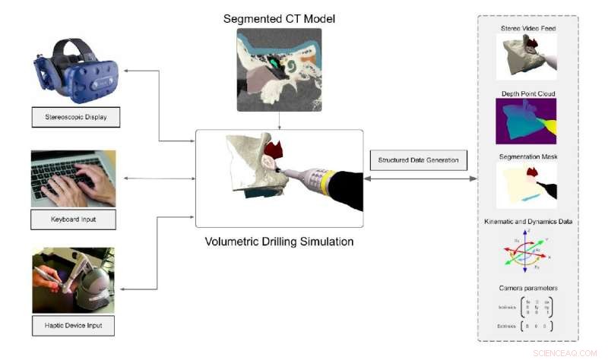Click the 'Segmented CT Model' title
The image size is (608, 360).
pyautogui.click(x=280, y=18)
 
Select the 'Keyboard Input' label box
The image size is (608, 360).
pyautogui.click(x=73, y=220)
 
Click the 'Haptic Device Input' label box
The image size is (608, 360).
pyautogui.click(x=74, y=325)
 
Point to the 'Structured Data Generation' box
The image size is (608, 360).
pyautogui.click(x=418, y=160)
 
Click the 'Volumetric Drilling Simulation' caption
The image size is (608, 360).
pyautogui.click(x=280, y=245)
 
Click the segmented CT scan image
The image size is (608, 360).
pyautogui.click(x=280, y=66)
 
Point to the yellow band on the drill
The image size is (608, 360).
pyautogui.click(x=327, y=182)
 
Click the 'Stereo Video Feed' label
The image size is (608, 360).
pyautogui.click(x=527, y=28)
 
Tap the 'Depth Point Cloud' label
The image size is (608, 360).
pyautogui.click(x=527, y=93)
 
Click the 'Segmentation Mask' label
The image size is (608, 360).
pyautogui.click(x=527, y=157)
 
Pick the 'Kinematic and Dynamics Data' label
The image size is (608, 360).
pyautogui.click(x=527, y=221)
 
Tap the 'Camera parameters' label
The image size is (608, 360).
pyautogui.click(x=527, y=289)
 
